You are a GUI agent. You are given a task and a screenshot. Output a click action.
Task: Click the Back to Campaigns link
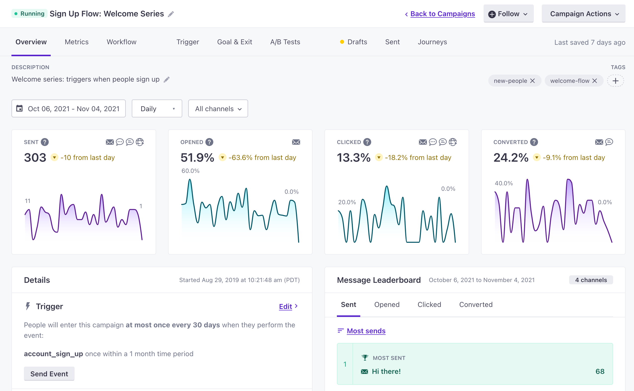coord(442,14)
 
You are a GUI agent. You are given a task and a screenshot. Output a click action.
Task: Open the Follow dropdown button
coord(508,14)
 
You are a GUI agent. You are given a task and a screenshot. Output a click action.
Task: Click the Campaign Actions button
coord(583,14)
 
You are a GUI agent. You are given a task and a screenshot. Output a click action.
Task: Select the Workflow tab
coord(122,42)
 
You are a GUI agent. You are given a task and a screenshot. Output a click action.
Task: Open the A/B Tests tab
coord(285,42)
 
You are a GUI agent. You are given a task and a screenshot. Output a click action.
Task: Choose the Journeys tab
coord(432,42)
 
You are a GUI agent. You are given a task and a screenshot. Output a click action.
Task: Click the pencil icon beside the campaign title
coord(171,14)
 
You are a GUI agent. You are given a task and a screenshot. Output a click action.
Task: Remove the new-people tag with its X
coord(532,81)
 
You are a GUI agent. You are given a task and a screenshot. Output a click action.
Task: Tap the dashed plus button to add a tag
coord(615,81)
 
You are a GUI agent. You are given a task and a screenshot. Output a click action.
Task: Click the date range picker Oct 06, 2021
coord(69,109)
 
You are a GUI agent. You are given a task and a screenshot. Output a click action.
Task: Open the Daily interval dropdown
coord(157,109)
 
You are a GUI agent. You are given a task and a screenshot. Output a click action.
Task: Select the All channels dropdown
coord(218,109)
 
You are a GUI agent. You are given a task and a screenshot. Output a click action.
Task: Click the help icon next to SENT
coord(45,142)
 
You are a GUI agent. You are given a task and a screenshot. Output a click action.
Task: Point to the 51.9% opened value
coord(197,157)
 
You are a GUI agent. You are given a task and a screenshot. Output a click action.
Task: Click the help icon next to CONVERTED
coord(534,142)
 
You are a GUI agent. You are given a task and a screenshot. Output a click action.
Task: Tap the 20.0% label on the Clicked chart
coord(347,202)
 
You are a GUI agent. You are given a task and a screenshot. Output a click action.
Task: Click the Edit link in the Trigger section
coord(285,306)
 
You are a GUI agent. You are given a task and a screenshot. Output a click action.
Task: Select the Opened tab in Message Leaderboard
coord(387,305)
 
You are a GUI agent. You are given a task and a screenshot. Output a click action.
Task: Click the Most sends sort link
coord(366,331)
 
